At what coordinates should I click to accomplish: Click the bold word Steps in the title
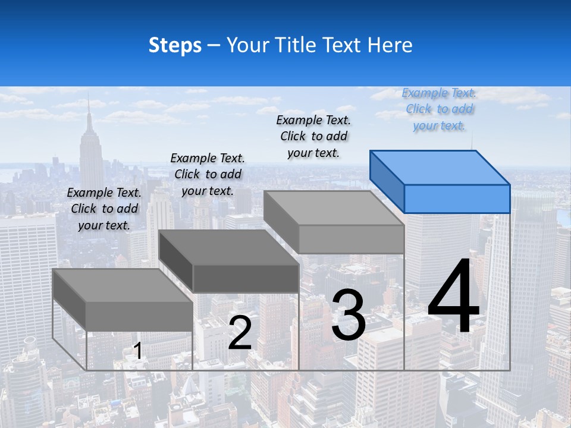pos(175,45)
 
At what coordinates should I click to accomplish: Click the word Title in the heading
pos(295,45)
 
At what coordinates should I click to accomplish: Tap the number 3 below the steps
pos(348,315)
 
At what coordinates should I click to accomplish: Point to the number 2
pos(240,333)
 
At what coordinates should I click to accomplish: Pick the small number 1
pos(138,351)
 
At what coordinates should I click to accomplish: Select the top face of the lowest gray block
pos(122,285)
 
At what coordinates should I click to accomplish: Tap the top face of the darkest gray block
pos(229,247)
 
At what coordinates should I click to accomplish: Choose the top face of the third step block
pos(333,208)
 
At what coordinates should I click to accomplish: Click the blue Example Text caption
pos(439,109)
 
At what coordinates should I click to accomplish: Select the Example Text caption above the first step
pos(104,209)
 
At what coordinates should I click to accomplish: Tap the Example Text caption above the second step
pos(208,174)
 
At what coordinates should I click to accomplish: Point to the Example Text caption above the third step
pos(313,136)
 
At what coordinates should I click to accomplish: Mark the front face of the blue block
pos(457,199)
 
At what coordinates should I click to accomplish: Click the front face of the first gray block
pos(139,316)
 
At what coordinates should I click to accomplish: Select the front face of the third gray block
pos(351,239)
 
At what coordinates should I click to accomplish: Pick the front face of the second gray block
pos(246,278)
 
